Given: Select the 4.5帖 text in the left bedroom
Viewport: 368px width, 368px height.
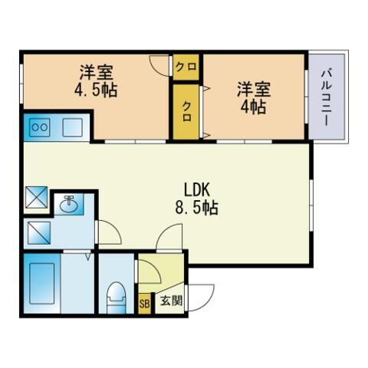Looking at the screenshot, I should [96, 90].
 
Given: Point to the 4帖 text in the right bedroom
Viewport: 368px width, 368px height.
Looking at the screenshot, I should [252, 107].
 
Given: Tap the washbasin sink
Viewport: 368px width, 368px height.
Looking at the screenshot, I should [71, 205].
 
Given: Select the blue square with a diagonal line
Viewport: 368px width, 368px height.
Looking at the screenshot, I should [38, 232].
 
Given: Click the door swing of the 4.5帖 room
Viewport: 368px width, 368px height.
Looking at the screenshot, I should [160, 66].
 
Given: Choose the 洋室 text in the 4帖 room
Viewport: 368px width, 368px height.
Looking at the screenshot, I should [252, 87].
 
